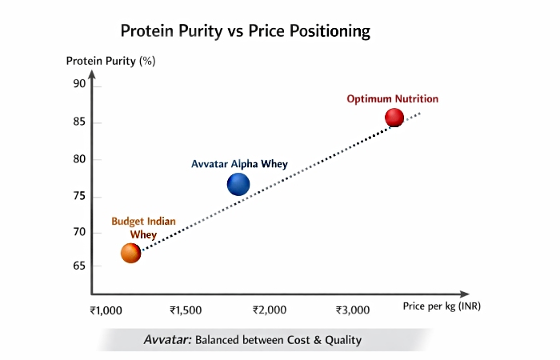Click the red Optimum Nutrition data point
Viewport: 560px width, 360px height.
click(394, 118)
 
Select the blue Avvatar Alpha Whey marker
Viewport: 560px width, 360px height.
click(238, 185)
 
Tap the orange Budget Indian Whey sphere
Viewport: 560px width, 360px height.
click(130, 253)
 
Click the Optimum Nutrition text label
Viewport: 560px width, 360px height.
click(392, 99)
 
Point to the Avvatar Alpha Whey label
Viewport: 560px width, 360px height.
click(239, 164)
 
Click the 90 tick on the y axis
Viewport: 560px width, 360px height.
click(79, 84)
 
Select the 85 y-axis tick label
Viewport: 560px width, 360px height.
click(79, 122)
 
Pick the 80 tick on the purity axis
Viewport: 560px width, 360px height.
click(79, 159)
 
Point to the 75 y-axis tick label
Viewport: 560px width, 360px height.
click(79, 197)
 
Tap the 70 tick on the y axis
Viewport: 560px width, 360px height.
click(79, 233)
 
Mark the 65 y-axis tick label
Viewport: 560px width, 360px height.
click(79, 266)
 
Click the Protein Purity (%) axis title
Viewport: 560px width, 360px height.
click(110, 61)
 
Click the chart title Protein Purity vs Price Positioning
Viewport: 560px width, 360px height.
click(245, 31)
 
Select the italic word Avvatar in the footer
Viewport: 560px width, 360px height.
click(166, 340)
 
